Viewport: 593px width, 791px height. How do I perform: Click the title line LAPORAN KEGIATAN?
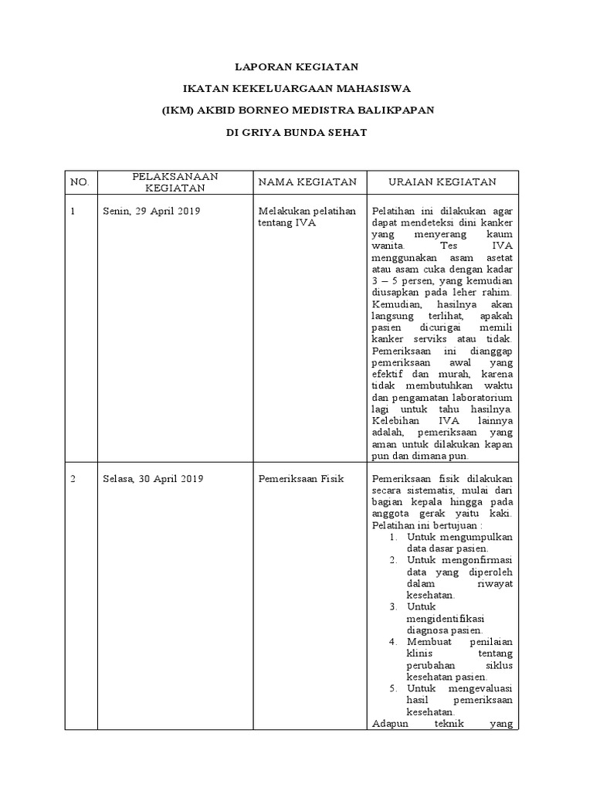coord(296,67)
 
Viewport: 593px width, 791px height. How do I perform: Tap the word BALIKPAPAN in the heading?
coord(395,110)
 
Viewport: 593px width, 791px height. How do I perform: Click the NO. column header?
coord(80,182)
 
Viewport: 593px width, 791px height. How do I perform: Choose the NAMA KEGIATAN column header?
coord(307,182)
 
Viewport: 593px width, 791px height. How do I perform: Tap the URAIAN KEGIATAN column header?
coord(442,182)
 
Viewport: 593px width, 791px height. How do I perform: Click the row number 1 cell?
coord(73,211)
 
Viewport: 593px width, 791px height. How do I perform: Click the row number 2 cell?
coord(73,479)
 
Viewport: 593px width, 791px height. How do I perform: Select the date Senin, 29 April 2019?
coord(151,211)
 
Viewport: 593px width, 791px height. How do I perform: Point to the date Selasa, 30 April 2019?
coord(153,479)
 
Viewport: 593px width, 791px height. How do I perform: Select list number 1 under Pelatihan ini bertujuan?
coord(393,536)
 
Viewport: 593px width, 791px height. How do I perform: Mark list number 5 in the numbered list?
coord(393,687)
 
